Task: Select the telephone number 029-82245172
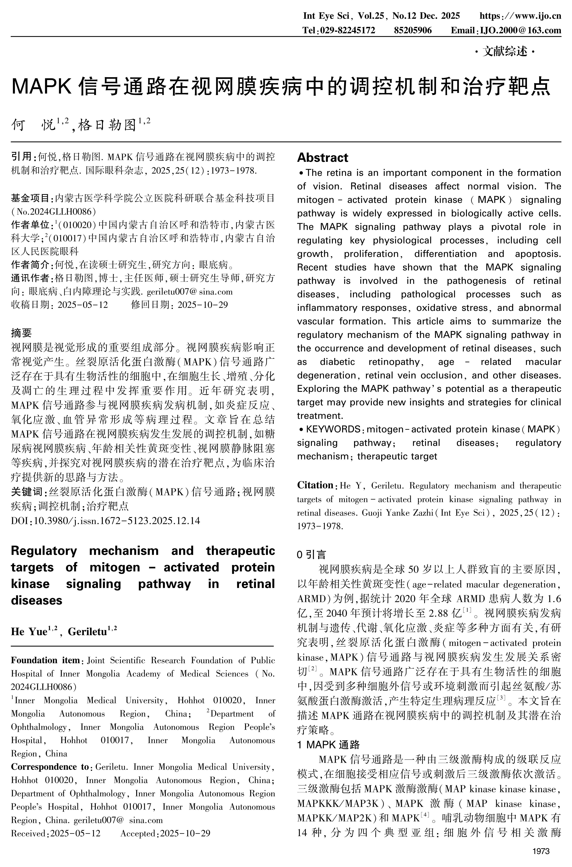[348, 30]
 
